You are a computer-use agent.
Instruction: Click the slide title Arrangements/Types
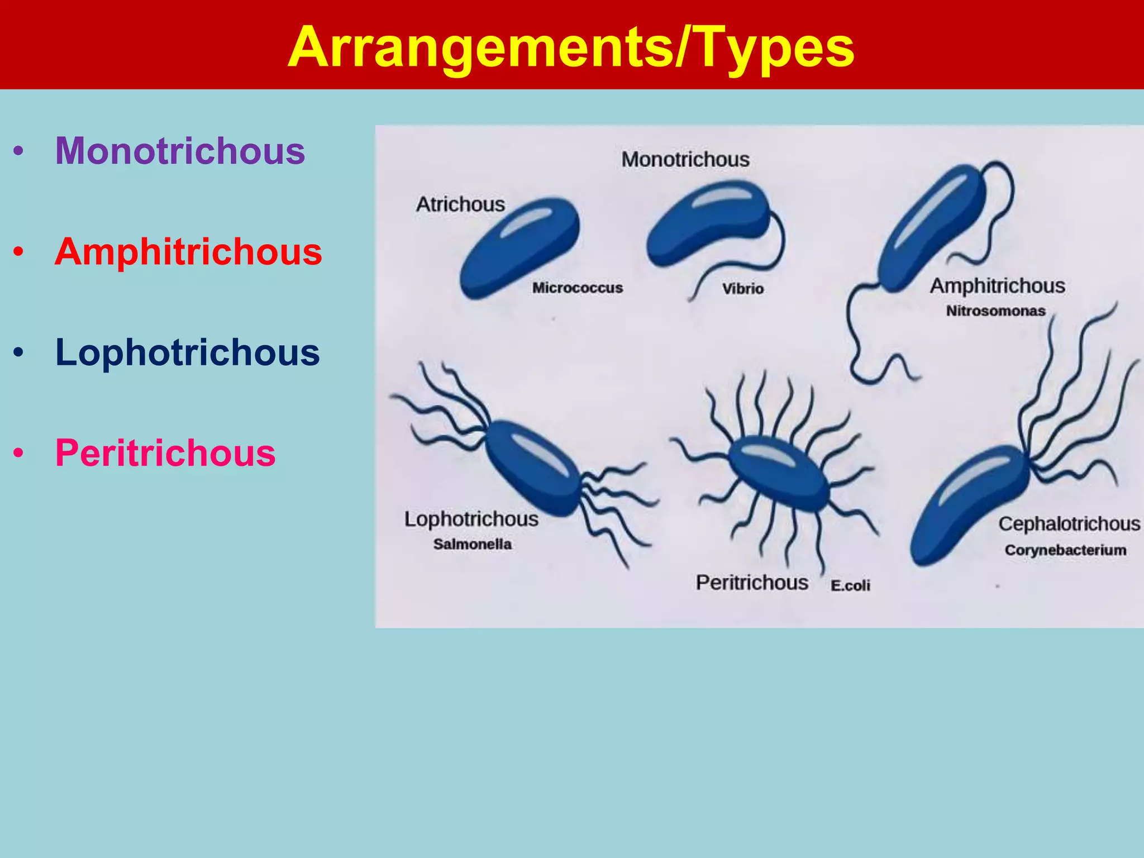click(x=571, y=47)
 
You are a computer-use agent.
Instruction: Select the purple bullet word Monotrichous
click(x=180, y=151)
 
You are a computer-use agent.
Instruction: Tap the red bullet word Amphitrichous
click(x=188, y=252)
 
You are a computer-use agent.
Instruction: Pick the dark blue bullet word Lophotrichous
click(x=187, y=352)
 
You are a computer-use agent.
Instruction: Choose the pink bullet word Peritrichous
click(x=165, y=453)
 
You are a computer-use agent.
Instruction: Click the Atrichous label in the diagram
click(x=460, y=204)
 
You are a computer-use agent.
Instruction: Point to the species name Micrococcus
click(x=577, y=288)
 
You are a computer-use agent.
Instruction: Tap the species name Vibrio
click(x=742, y=289)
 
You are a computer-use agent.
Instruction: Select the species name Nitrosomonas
click(x=995, y=311)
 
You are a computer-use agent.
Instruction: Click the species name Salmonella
click(x=472, y=544)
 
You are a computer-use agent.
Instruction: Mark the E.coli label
click(x=850, y=585)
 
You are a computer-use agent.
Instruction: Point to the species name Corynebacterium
click(x=1065, y=550)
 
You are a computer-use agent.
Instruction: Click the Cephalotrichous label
click(x=1069, y=524)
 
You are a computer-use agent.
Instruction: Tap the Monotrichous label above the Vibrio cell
click(x=685, y=160)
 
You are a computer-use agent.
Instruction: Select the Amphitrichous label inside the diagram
click(x=997, y=286)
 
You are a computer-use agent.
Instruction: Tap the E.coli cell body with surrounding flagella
click(x=779, y=473)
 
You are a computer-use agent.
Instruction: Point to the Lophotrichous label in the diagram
click(x=471, y=519)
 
